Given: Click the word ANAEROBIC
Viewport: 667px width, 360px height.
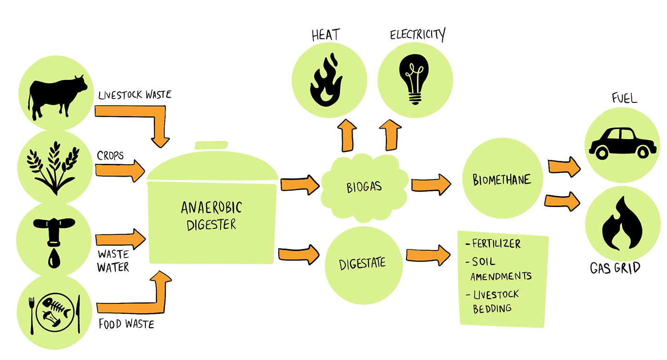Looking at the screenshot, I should pyautogui.click(x=212, y=208).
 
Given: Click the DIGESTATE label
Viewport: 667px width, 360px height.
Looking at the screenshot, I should pyautogui.click(x=363, y=263).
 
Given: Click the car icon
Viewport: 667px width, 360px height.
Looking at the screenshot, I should pyautogui.click(x=622, y=143).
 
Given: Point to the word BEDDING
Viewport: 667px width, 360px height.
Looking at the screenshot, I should pyautogui.click(x=492, y=309).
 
